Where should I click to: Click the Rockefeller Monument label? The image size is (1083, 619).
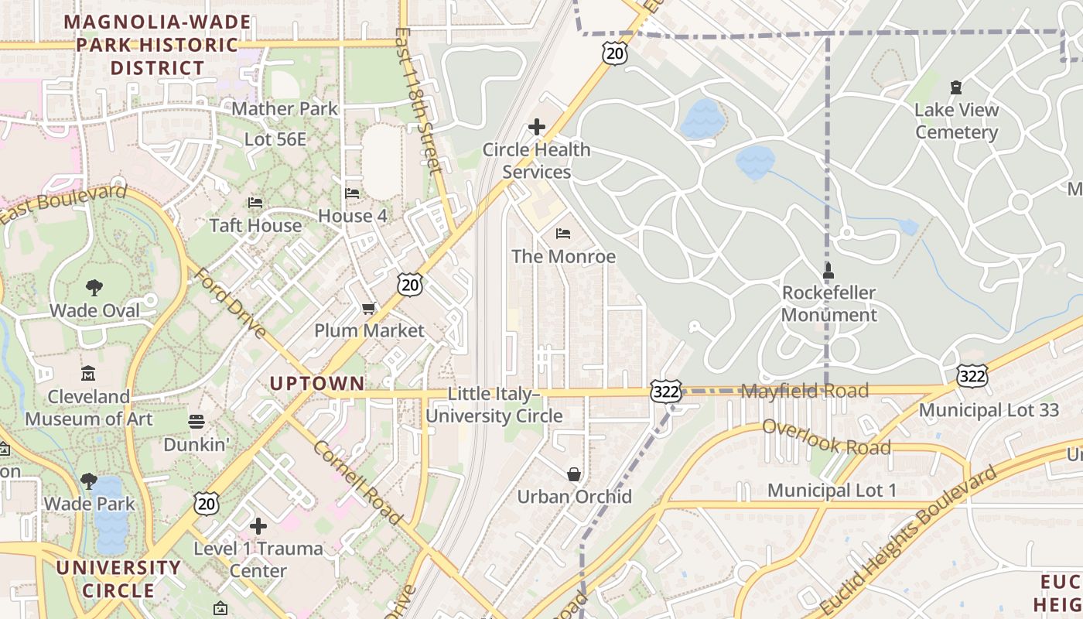coord(828,304)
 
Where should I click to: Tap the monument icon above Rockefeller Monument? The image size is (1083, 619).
coord(828,272)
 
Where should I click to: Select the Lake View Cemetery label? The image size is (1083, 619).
coord(956,121)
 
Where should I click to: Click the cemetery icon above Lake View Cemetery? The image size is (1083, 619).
coord(956,87)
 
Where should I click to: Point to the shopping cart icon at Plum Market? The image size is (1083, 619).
coord(369,308)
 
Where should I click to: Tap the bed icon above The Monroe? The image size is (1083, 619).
coord(563,233)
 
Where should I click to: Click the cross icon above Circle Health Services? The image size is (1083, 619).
coord(536,127)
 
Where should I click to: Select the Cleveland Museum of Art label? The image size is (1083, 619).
coord(89,408)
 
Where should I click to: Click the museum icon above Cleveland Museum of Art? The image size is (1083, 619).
coord(88,374)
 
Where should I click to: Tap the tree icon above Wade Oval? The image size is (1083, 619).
coord(94,288)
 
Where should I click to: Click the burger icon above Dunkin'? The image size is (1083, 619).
coord(196,422)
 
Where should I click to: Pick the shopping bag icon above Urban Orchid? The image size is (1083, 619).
coord(574,474)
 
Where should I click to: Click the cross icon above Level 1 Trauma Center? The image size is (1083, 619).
coord(258,526)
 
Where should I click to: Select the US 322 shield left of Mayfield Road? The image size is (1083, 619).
coord(665,391)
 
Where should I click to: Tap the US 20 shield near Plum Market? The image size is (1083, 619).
coord(411,284)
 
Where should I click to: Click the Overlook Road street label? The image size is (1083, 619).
coord(826,437)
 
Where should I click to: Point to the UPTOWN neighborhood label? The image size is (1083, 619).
coord(317,383)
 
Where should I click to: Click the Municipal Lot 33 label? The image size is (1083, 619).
coord(989,410)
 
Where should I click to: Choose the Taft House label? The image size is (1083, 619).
coord(255,225)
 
